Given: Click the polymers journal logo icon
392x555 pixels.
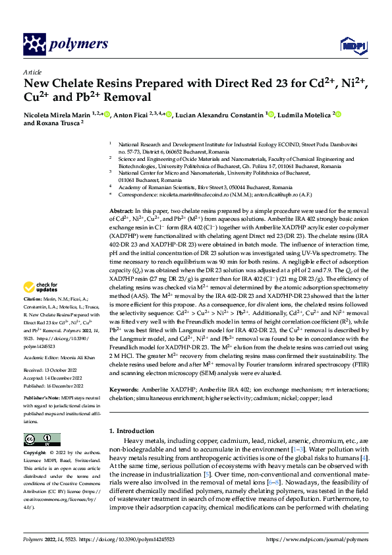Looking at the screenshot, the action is [x=33, y=44].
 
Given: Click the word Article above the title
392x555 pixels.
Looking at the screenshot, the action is [x=32, y=71].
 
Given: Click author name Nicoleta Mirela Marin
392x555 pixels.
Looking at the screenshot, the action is [x=56, y=115].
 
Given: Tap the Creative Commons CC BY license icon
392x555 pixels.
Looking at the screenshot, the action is [x=38, y=440].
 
